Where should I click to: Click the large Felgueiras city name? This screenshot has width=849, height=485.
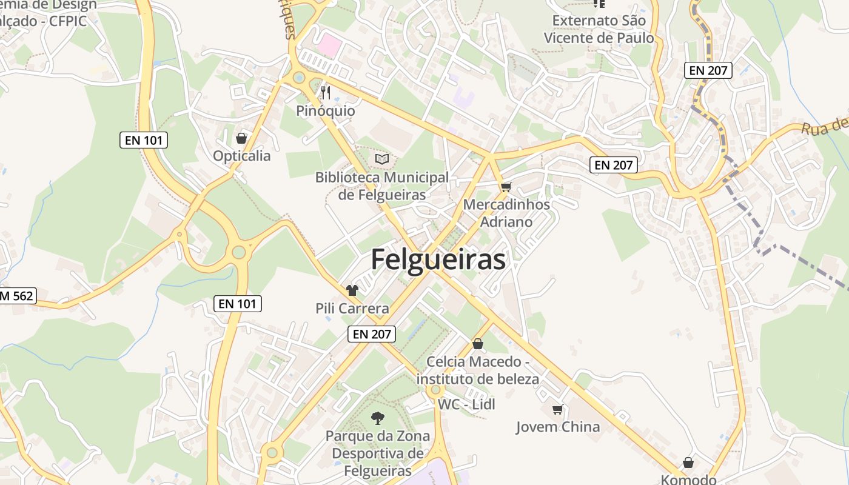point(438,259)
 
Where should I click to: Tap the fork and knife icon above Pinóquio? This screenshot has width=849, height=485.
point(326,92)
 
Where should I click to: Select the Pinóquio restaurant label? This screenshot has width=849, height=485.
point(326,111)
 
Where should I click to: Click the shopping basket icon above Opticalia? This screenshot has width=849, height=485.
point(241,138)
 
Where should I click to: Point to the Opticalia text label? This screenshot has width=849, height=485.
point(241,156)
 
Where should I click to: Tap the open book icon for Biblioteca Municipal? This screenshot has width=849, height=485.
point(381,159)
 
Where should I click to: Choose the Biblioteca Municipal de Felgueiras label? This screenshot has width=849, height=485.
point(382,186)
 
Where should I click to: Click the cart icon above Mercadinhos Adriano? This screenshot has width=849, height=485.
point(506,187)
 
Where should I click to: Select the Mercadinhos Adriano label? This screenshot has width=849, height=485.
point(506,213)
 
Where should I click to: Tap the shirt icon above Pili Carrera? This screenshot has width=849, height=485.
point(352,290)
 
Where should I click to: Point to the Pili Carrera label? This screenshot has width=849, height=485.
point(352,309)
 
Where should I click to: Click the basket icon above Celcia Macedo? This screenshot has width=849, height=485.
point(478,344)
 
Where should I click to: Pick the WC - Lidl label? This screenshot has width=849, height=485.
point(466,404)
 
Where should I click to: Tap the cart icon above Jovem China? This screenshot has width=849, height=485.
point(557,410)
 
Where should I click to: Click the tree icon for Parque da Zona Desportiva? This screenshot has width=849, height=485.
point(377,418)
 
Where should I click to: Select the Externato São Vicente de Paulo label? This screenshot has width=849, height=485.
point(599,29)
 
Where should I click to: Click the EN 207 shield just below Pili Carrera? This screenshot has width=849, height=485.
point(372,333)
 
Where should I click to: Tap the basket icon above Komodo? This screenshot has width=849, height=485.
point(688,463)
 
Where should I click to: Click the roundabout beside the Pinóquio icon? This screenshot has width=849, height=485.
point(298,78)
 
